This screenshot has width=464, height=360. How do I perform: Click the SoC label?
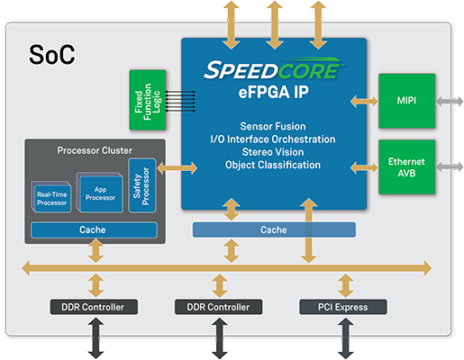[x=51, y=54]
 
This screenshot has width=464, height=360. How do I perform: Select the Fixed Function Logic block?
[x=148, y=100]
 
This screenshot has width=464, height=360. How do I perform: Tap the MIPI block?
[x=406, y=101]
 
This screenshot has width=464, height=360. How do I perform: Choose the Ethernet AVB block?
[x=406, y=167]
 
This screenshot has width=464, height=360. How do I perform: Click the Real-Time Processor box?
[x=51, y=197]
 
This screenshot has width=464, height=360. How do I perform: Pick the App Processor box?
[x=100, y=193]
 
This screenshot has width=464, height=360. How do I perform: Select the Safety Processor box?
[x=142, y=185]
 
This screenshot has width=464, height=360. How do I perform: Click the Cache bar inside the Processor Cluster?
[x=94, y=230]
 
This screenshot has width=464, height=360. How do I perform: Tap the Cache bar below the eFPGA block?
[x=274, y=229]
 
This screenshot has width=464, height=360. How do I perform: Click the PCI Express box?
[x=343, y=307]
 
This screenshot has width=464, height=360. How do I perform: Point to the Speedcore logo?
[x=274, y=68]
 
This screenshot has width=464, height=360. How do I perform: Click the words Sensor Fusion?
[x=273, y=126]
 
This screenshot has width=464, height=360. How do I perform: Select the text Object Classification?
[x=273, y=165]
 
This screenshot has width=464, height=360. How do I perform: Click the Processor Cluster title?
[x=95, y=150]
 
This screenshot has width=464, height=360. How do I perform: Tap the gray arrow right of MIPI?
[x=450, y=101]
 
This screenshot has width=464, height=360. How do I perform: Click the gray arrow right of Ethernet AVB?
[x=450, y=166]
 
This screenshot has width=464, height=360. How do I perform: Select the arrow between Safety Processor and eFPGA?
[x=177, y=168]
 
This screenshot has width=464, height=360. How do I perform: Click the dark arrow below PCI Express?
[x=346, y=338]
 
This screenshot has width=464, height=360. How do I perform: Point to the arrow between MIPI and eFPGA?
[x=364, y=101]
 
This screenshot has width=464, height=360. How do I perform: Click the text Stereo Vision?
[x=273, y=152]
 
